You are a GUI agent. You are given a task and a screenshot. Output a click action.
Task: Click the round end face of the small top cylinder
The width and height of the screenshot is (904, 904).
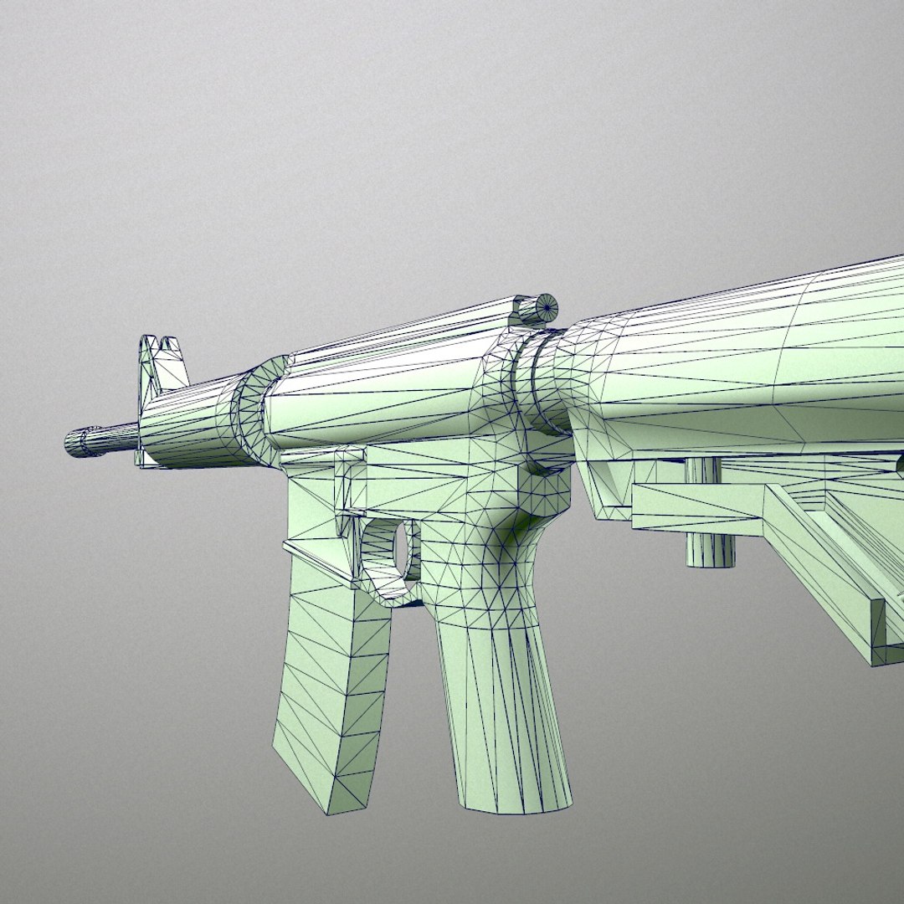pos(547,307)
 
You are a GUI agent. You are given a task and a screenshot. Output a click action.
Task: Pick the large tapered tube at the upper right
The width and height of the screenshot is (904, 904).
pos(737,368)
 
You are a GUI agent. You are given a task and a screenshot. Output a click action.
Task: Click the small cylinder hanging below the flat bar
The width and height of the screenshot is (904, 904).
pos(710,547)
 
